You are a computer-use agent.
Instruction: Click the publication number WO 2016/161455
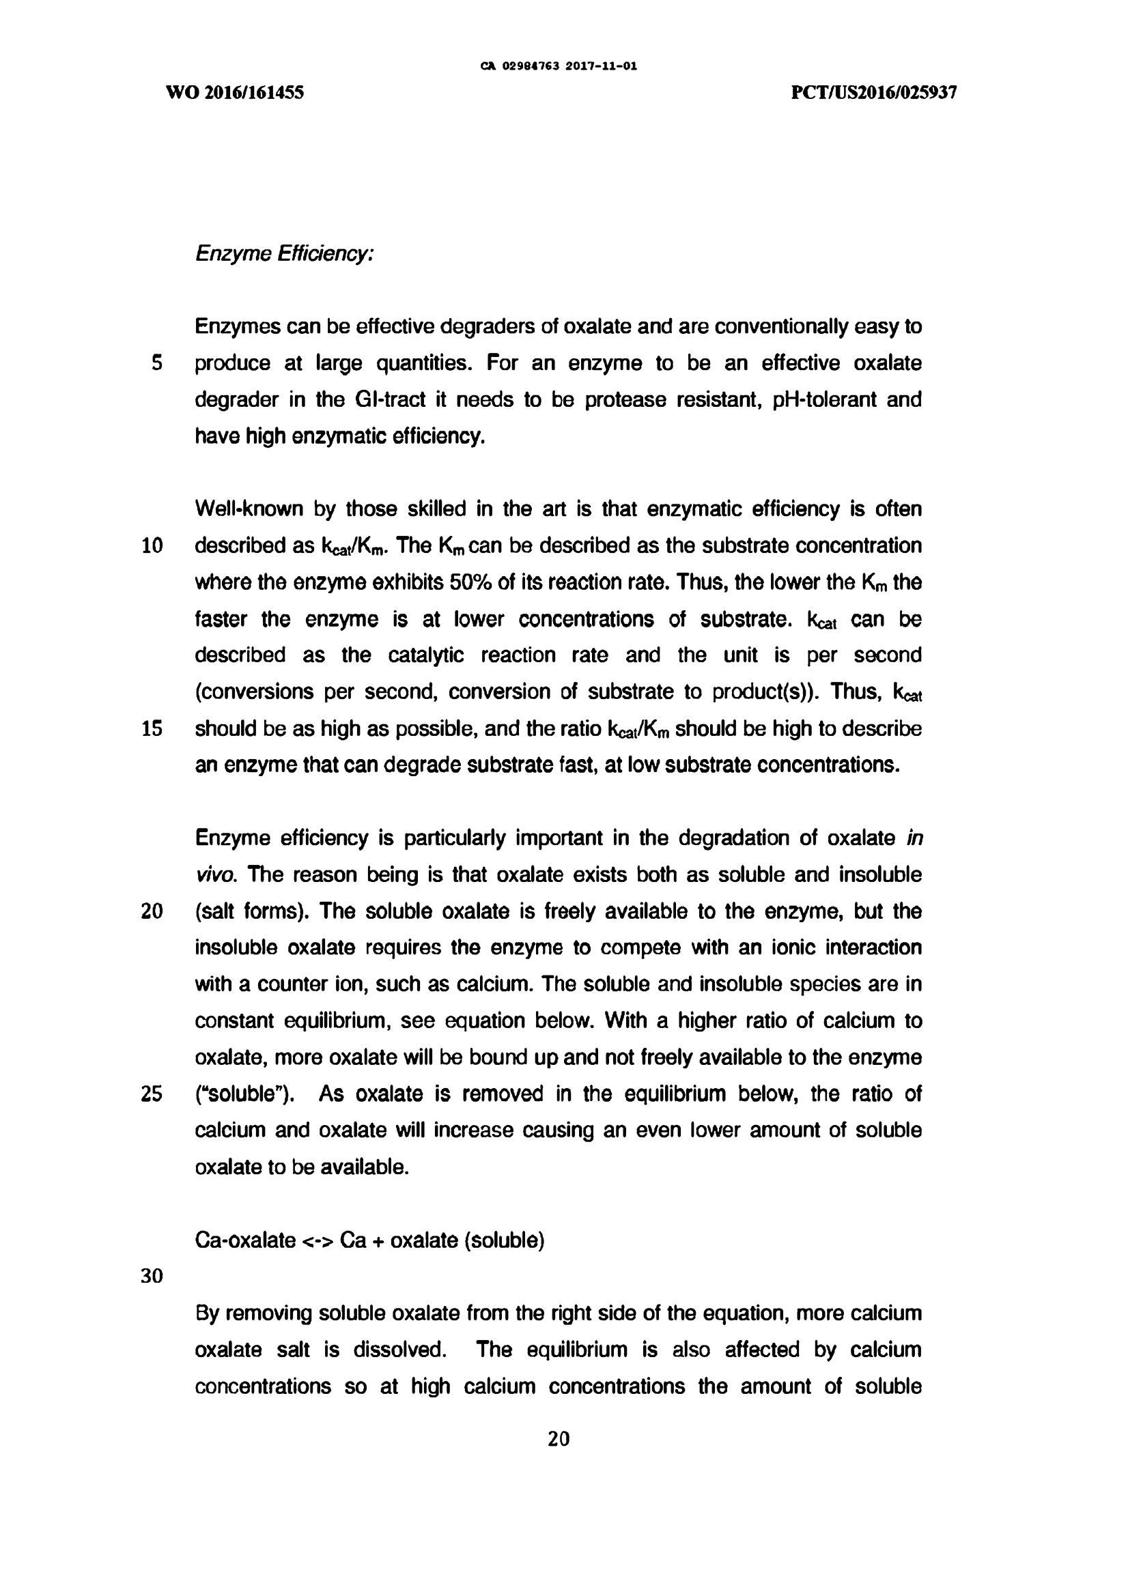(234, 92)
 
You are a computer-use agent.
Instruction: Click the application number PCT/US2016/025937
(874, 92)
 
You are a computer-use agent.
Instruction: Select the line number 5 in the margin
(156, 363)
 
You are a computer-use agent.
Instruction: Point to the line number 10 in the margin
(152, 545)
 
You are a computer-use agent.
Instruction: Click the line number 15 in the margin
(152, 728)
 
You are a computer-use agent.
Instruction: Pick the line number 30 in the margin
(152, 1277)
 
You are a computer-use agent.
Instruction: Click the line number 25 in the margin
(152, 1094)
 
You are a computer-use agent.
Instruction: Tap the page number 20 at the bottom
(559, 1439)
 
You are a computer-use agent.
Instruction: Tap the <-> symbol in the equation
(318, 1241)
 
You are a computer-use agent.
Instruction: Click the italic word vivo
(215, 874)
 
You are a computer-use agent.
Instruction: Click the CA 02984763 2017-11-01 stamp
(559, 68)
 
